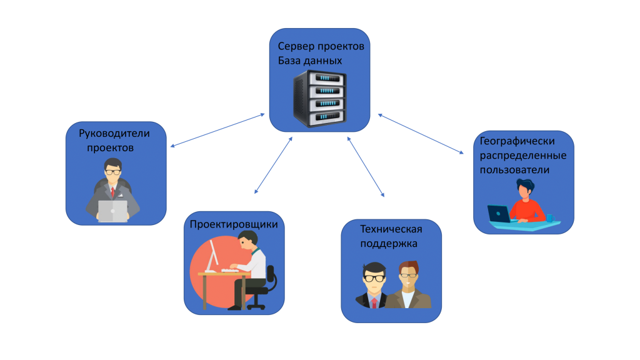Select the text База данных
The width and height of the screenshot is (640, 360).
pos(310,61)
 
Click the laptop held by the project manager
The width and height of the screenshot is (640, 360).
pos(112,210)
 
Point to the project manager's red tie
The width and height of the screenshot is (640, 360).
pos(112,191)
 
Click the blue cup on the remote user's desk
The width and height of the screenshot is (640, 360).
pos(550,217)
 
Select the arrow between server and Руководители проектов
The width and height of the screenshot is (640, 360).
pos(217,131)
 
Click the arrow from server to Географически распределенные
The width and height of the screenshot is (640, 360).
pos(421,133)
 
